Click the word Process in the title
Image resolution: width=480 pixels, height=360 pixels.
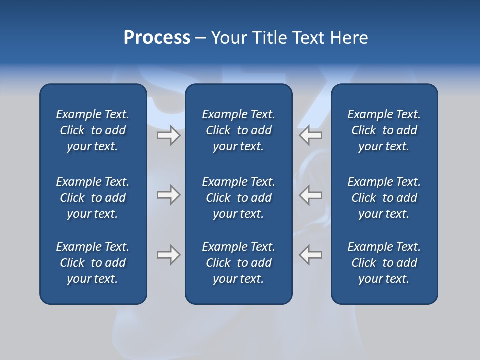[x=157, y=38]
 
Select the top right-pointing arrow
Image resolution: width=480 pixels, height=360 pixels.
[x=169, y=135]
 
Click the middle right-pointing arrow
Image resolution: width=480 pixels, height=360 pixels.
[x=169, y=195]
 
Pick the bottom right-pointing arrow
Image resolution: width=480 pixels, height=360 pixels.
[x=169, y=255]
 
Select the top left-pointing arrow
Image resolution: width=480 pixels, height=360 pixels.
[x=310, y=135]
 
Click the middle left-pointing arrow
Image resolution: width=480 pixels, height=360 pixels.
[x=310, y=195]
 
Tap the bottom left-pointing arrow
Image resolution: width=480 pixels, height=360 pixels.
[x=310, y=255]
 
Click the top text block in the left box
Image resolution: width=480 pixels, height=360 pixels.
[x=93, y=130]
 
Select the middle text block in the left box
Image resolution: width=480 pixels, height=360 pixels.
[x=93, y=198]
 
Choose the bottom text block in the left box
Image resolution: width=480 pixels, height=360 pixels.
[x=93, y=263]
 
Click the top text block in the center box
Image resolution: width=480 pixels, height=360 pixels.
[x=239, y=130]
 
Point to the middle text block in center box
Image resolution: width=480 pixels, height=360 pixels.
[x=239, y=198]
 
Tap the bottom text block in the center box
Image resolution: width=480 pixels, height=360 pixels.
[x=239, y=263]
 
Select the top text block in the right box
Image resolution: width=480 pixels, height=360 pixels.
[x=384, y=130]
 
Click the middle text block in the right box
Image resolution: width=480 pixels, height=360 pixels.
[x=384, y=198]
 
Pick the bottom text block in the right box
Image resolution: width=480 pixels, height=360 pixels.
[x=384, y=263]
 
